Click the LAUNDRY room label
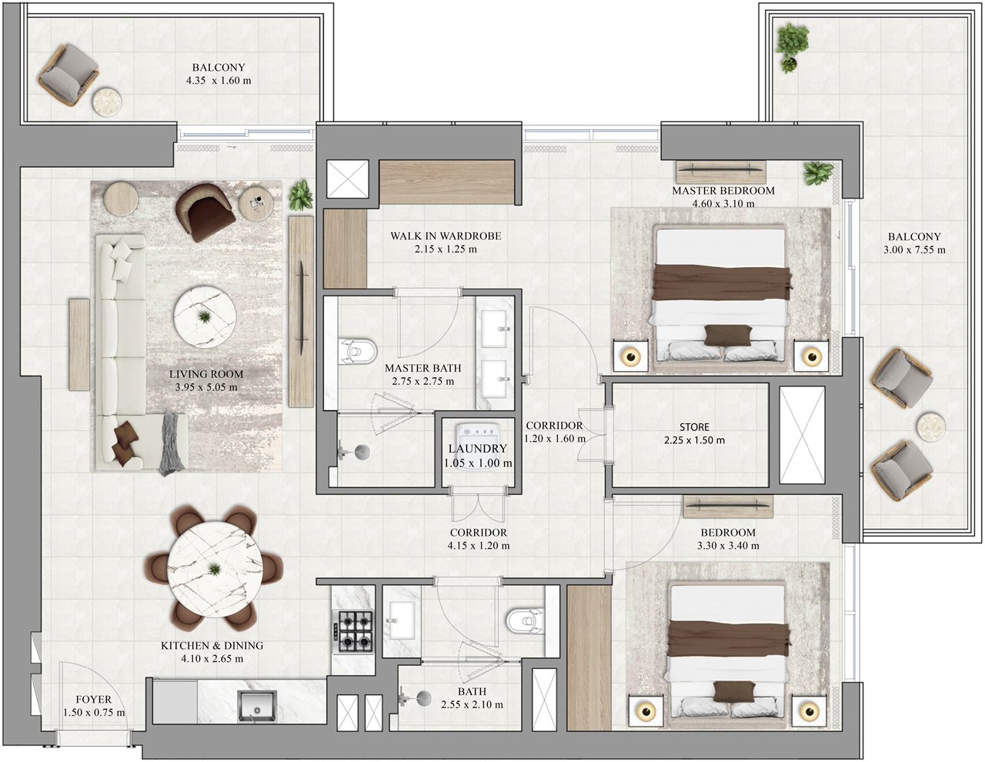[x=478, y=448]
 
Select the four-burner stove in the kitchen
[x=353, y=631]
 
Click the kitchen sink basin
[x=257, y=707]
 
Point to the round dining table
[x=215, y=570]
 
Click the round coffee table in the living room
[x=205, y=316]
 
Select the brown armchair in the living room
[x=205, y=212]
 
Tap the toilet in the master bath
[x=358, y=351]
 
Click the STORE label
[x=694, y=427]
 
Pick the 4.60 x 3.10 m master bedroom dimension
[x=723, y=204]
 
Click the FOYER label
[x=93, y=700]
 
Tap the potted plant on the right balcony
[x=792, y=47]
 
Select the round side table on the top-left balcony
[x=107, y=102]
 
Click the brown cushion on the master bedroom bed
[x=729, y=336]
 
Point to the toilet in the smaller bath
[x=525, y=620]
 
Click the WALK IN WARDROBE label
[x=446, y=236]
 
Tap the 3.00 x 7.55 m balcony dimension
[x=914, y=250]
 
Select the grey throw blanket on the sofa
[x=172, y=443]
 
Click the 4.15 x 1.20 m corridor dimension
[x=478, y=546]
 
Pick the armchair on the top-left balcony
[x=68, y=75]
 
